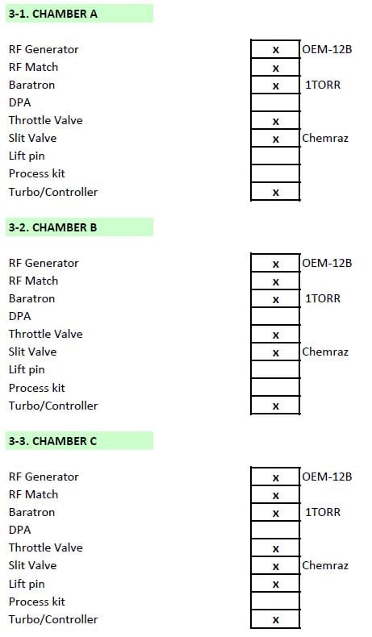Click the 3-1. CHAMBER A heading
pyautogui.click(x=52, y=14)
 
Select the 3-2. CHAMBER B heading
pyautogui.click(x=52, y=227)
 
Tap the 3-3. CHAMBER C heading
pyautogui.click(x=52, y=441)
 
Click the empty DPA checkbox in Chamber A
pyautogui.click(x=276, y=102)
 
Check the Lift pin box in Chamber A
pyautogui.click(x=276, y=156)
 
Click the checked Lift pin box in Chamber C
pyautogui.click(x=276, y=584)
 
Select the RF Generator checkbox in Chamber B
pyautogui.click(x=276, y=263)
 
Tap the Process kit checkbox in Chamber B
pyautogui.click(x=276, y=388)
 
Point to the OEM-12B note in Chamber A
pyautogui.click(x=327, y=49)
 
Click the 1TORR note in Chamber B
pyautogui.click(x=323, y=298)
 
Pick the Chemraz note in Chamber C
pyautogui.click(x=325, y=565)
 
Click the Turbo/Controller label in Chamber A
pyautogui.click(x=53, y=192)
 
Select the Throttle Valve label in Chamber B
pyautogui.click(x=45, y=334)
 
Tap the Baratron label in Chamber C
pyautogui.click(x=31, y=512)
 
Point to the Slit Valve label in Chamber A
pyautogui.click(x=32, y=138)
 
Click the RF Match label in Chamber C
pyautogui.click(x=33, y=494)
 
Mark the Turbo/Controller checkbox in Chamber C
pyautogui.click(x=276, y=619)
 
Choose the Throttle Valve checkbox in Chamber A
pyautogui.click(x=276, y=121)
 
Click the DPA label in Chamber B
pyautogui.click(x=19, y=316)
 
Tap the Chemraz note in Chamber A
pyautogui.click(x=325, y=138)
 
